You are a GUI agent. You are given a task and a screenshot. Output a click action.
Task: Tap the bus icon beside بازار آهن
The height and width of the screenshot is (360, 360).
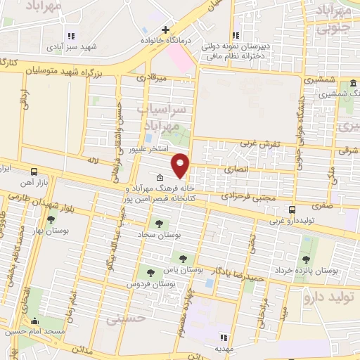34,171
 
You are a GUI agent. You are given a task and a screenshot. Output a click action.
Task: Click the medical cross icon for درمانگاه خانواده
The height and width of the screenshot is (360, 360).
165,30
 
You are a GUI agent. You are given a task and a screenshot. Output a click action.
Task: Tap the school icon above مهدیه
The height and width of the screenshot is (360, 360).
224,337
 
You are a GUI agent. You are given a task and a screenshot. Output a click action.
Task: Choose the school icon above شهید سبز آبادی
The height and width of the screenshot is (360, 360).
70,35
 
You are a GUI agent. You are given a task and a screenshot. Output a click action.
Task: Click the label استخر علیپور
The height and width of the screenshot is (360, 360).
148,150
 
